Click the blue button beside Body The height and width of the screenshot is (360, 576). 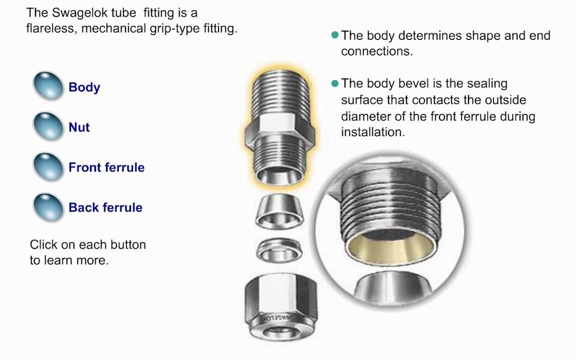(x=48, y=85)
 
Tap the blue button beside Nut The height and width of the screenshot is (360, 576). (x=48, y=126)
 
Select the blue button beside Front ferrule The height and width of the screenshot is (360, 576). (x=48, y=167)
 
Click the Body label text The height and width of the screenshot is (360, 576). (x=84, y=87)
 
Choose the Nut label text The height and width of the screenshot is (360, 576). (x=79, y=127)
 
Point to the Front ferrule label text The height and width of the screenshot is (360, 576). (x=106, y=167)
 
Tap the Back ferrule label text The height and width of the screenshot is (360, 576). (x=105, y=207)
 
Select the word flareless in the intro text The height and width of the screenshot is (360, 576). (x=50, y=28)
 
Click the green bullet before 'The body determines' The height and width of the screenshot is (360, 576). (x=334, y=35)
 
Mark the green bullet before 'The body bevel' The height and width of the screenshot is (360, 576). (x=334, y=83)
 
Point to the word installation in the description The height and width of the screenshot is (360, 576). (x=372, y=132)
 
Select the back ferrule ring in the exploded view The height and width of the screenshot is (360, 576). (x=279, y=250)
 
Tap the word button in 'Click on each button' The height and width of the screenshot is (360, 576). (x=128, y=244)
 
